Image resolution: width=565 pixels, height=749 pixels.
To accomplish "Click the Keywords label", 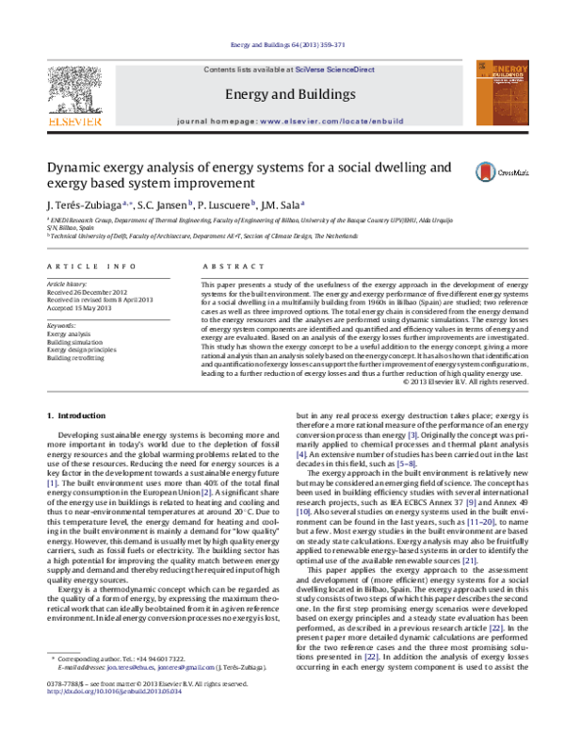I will (x=61, y=299).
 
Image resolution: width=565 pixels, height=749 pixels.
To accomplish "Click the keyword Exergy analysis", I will (x=70, y=308).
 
